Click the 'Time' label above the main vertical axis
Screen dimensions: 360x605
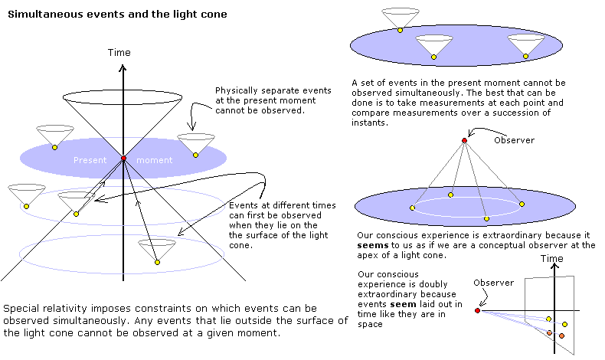[x=119, y=53]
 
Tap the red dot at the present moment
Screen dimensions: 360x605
[x=123, y=159]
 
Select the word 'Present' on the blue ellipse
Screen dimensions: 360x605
[x=90, y=160]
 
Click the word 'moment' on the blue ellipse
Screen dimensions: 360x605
[x=154, y=160]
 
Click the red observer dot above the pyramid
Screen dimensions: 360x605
[x=464, y=140]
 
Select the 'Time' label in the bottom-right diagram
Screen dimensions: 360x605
[x=552, y=260]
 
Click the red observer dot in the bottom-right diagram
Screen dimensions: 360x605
[x=477, y=310]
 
